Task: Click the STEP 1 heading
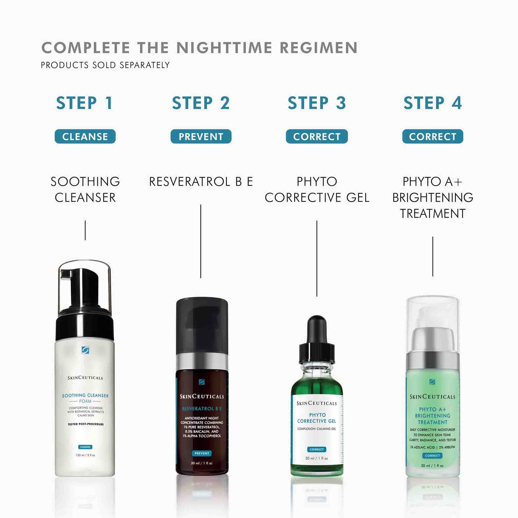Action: [x=85, y=103]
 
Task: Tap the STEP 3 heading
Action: [x=317, y=103]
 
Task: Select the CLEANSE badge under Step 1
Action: [x=85, y=137]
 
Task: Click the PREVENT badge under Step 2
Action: [x=201, y=137]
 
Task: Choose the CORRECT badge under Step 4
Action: [x=433, y=137]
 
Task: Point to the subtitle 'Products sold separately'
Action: [x=105, y=65]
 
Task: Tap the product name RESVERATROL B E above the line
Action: [x=201, y=182]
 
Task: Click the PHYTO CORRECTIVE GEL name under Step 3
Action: [x=317, y=190]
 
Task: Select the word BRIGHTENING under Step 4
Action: [x=433, y=198]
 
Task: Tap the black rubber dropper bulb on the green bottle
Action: [x=317, y=328]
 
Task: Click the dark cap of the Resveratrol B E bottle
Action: [x=202, y=325]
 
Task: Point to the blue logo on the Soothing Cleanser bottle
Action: [x=85, y=350]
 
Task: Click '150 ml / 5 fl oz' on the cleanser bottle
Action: [x=85, y=455]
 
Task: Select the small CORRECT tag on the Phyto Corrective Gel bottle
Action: [x=317, y=449]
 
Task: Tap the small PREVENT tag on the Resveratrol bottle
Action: [x=202, y=453]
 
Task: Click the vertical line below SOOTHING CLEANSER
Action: [x=85, y=230]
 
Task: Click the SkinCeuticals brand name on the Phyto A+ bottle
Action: [x=433, y=397]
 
